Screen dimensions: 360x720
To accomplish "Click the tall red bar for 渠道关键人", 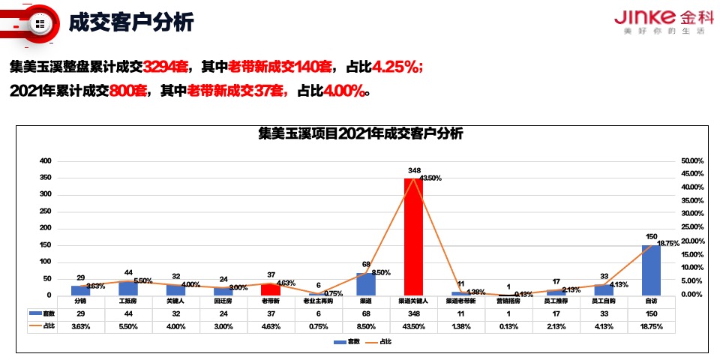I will click(x=413, y=236).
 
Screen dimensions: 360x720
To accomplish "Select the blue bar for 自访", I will click(x=651, y=269).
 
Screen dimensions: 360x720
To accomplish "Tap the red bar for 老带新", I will click(x=271, y=289).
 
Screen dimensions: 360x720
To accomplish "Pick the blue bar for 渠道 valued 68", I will click(x=366, y=283).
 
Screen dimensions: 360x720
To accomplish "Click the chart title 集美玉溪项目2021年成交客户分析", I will click(x=361, y=135).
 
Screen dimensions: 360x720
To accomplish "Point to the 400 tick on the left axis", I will click(x=45, y=161).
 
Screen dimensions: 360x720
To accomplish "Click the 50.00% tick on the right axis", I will click(x=691, y=161).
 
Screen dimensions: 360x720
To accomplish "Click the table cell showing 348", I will click(x=414, y=313).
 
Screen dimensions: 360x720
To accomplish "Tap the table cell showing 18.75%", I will click(x=651, y=326).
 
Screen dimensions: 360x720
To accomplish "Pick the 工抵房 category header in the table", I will click(x=128, y=301).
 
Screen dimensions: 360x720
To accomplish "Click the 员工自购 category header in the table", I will click(x=604, y=301).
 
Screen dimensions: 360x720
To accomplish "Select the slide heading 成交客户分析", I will click(x=131, y=23).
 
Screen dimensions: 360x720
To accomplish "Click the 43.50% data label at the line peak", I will click(x=430, y=178).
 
